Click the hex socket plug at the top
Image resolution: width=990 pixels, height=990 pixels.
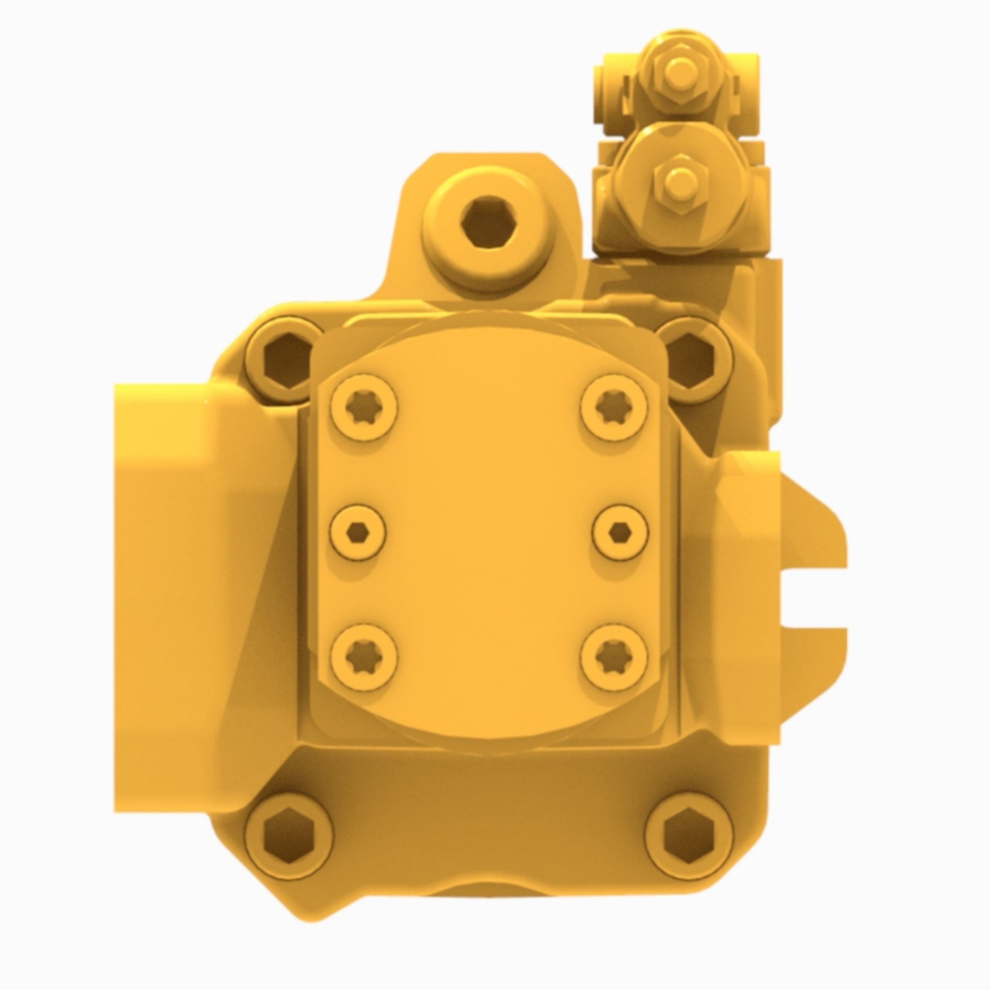487,224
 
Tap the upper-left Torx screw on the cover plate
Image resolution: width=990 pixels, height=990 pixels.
364,408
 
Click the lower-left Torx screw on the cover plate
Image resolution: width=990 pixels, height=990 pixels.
364,657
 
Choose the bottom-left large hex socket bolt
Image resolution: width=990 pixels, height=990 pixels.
289,837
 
